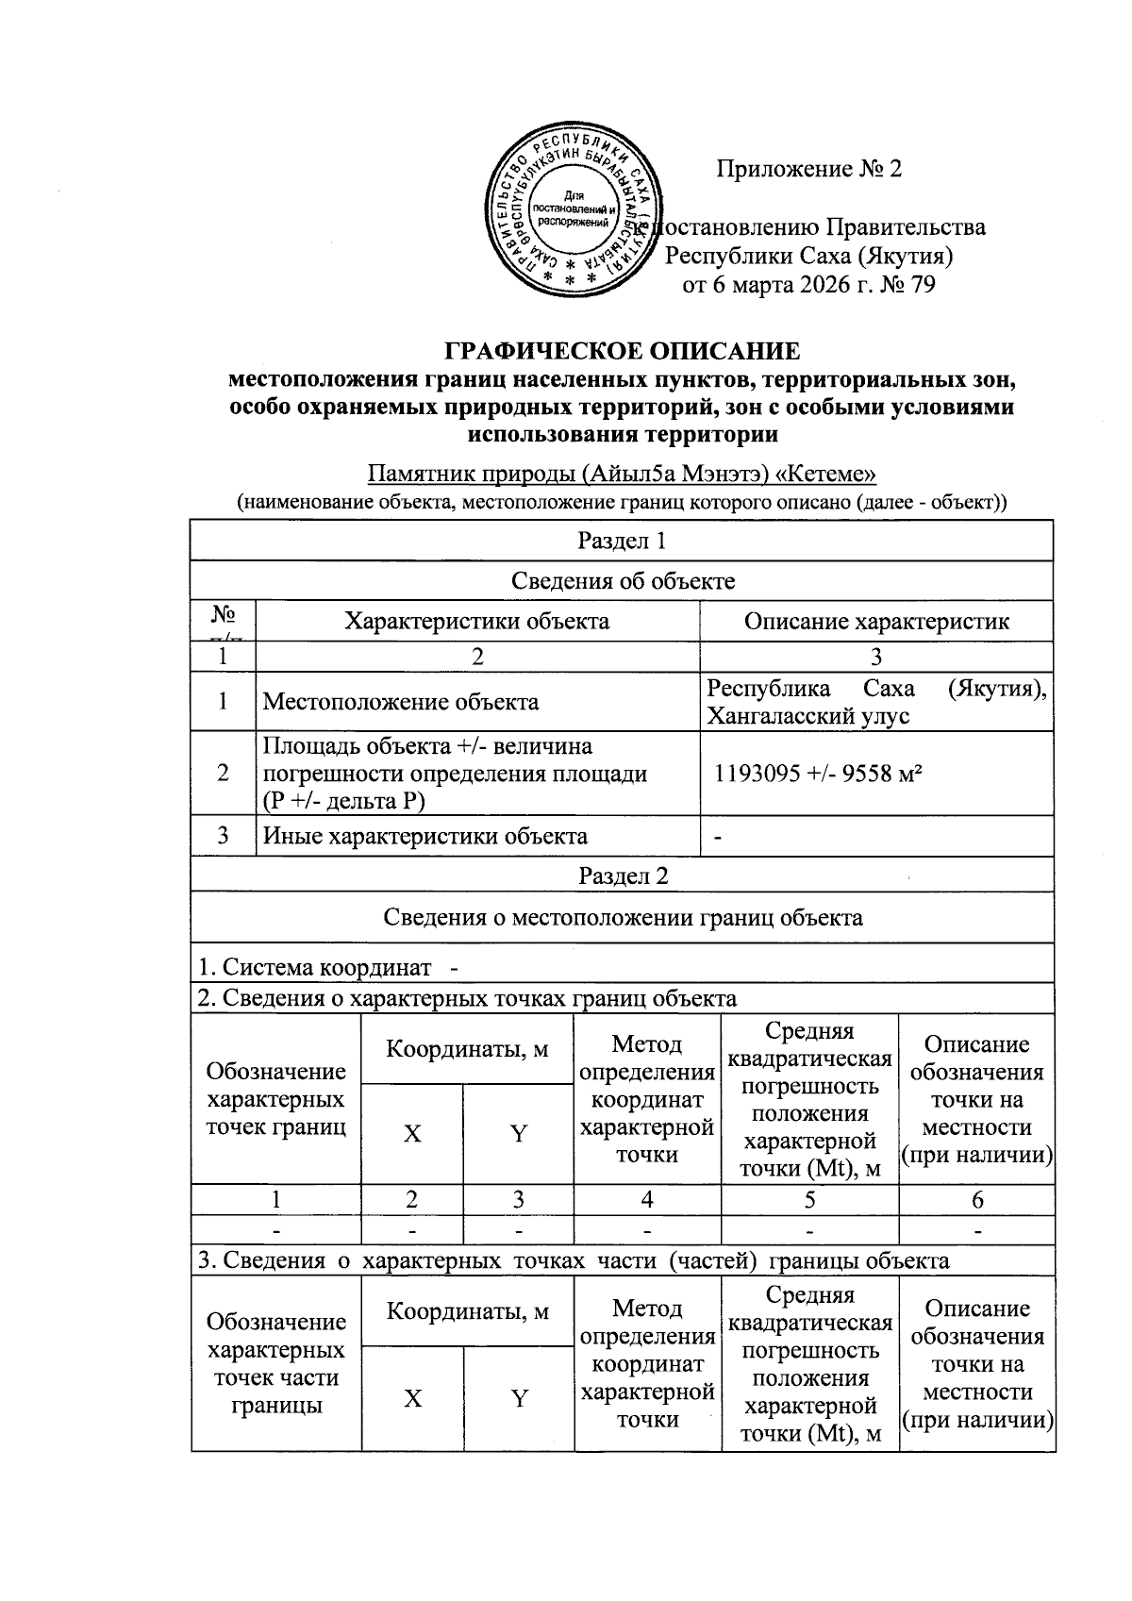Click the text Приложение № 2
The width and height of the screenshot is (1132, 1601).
coord(808,169)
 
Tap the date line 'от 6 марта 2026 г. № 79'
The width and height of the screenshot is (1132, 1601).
coord(808,285)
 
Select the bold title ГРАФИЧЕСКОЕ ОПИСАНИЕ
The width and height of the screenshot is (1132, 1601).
coord(622,352)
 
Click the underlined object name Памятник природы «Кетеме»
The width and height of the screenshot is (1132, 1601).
coord(622,474)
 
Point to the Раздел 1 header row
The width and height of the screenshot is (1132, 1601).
coord(622,541)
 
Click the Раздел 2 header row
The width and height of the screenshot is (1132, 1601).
coord(622,875)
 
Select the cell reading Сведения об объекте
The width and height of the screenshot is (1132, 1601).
coord(622,580)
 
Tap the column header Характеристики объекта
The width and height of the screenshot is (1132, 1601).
coord(476,621)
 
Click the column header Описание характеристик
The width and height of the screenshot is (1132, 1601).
coord(875,621)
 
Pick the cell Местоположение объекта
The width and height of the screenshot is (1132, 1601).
coord(401,702)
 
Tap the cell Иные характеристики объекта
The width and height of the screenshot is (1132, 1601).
coord(424,836)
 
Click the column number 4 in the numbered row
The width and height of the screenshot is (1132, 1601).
coord(646,1200)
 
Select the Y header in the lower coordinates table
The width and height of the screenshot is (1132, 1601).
coord(518,1398)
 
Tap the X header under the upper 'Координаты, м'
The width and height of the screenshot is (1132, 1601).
coord(412,1134)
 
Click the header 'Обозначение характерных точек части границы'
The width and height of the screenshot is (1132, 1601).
coord(275,1363)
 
